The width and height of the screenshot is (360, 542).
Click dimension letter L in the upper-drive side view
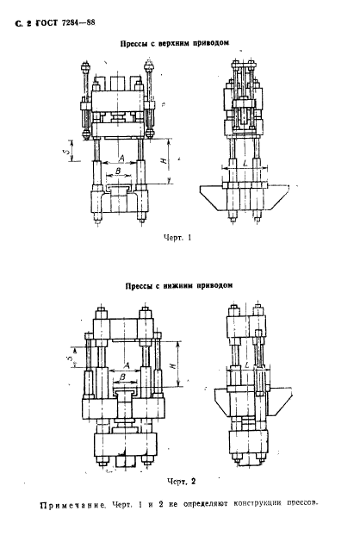coord(245,162)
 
